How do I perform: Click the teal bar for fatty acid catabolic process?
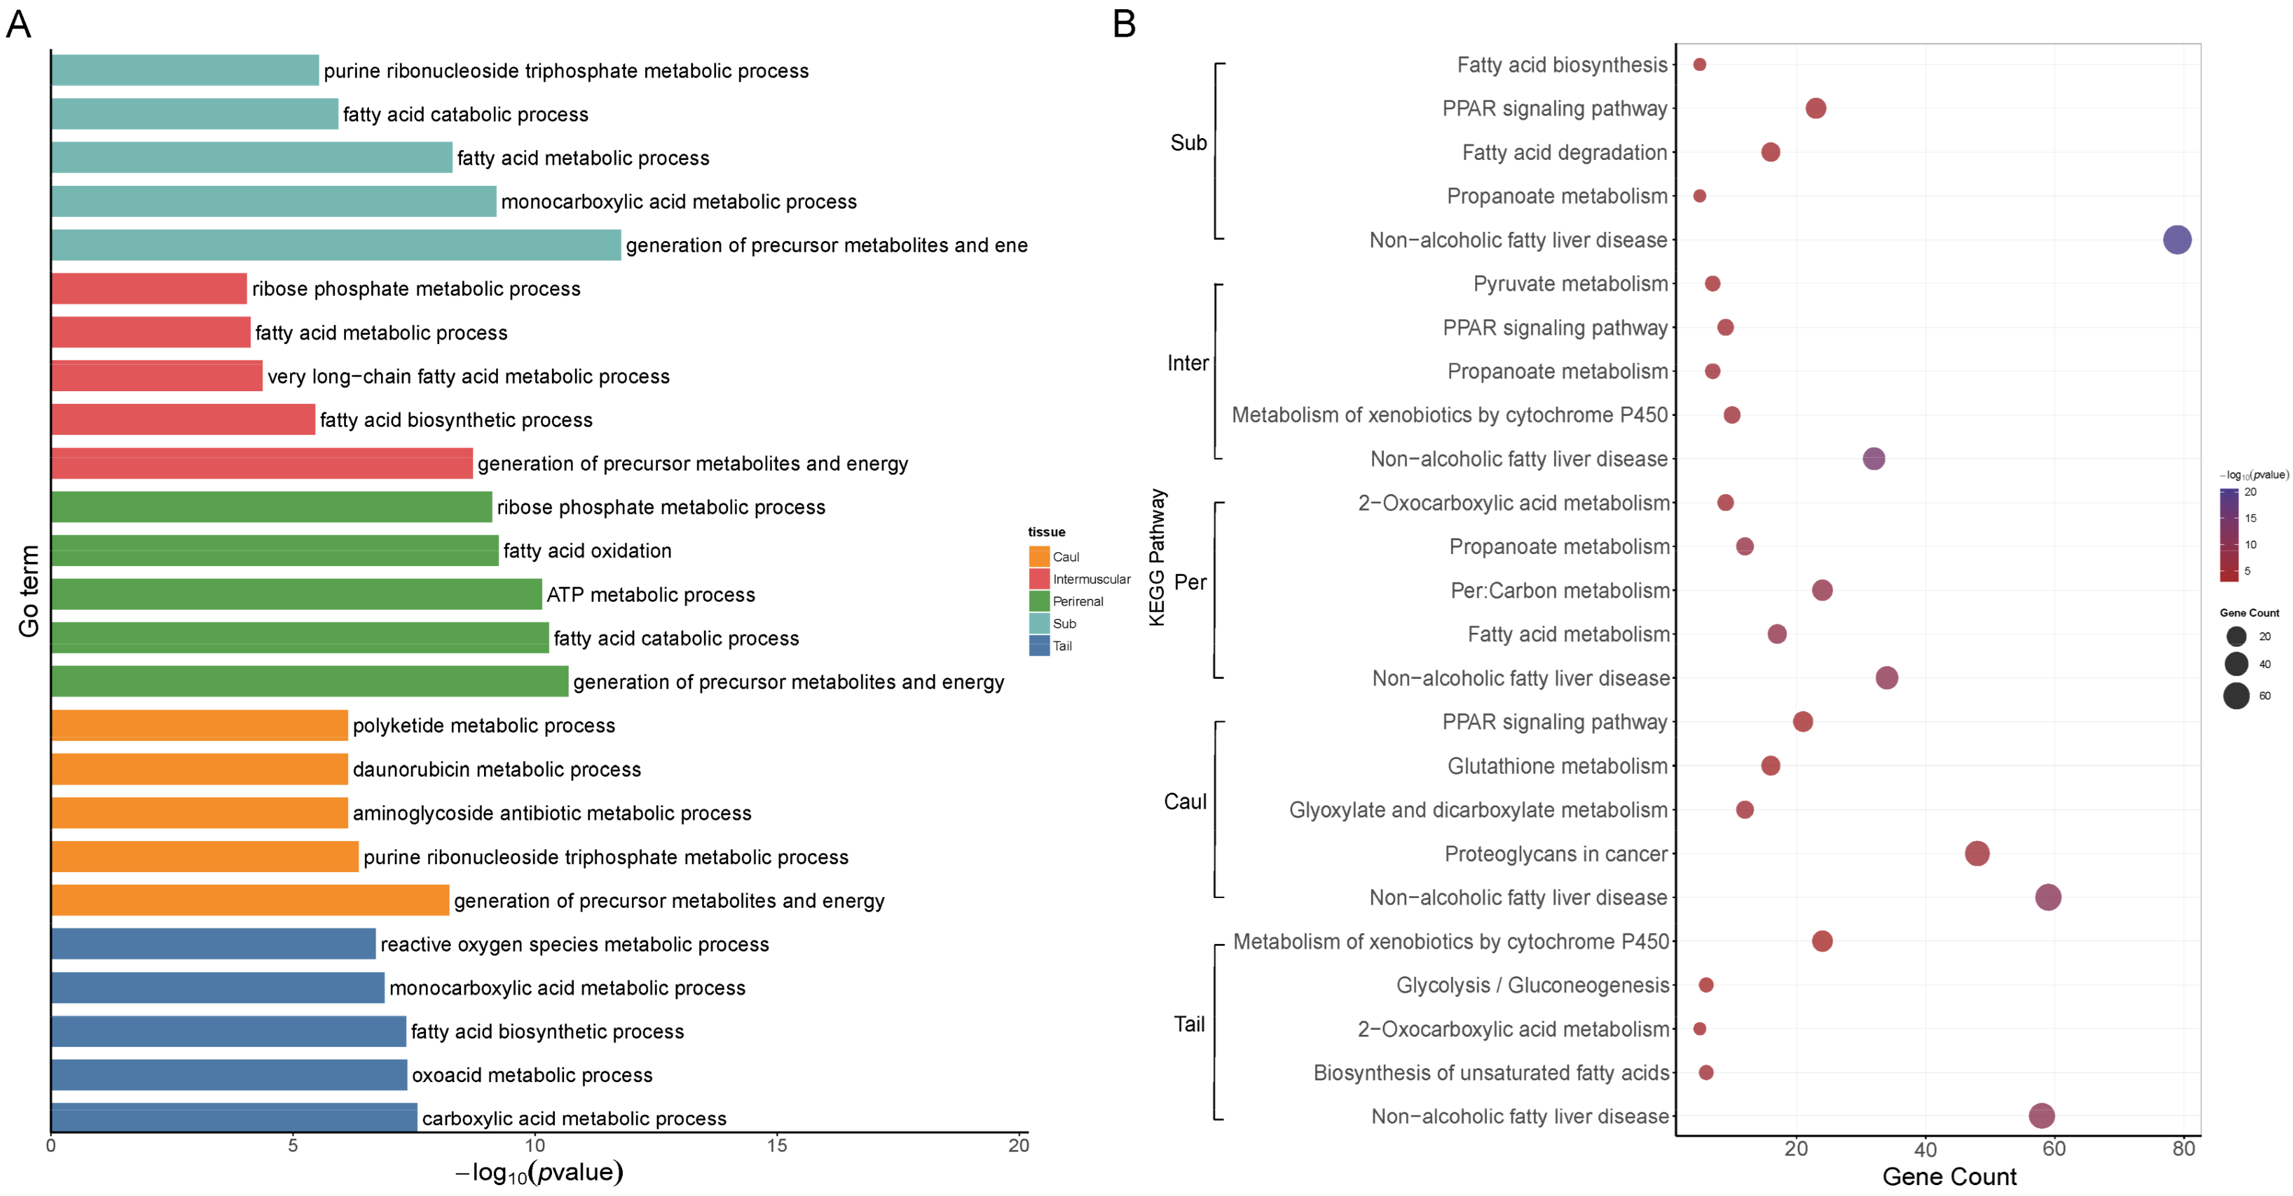194,114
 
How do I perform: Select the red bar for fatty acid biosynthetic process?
182,419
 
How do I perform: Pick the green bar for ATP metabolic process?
296,593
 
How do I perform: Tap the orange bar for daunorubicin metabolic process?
199,769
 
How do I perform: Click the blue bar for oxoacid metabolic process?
229,1074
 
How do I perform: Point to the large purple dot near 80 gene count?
2177,239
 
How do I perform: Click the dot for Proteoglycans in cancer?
1976,853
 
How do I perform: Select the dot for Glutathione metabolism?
1770,765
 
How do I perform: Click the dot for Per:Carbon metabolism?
1821,590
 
